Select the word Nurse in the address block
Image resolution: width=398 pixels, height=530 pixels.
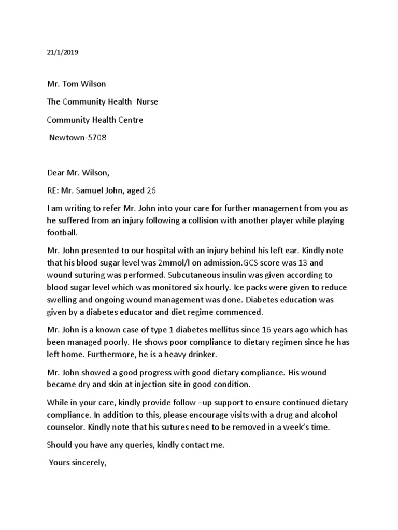147,102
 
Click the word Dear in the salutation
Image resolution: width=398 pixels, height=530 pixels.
56,174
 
